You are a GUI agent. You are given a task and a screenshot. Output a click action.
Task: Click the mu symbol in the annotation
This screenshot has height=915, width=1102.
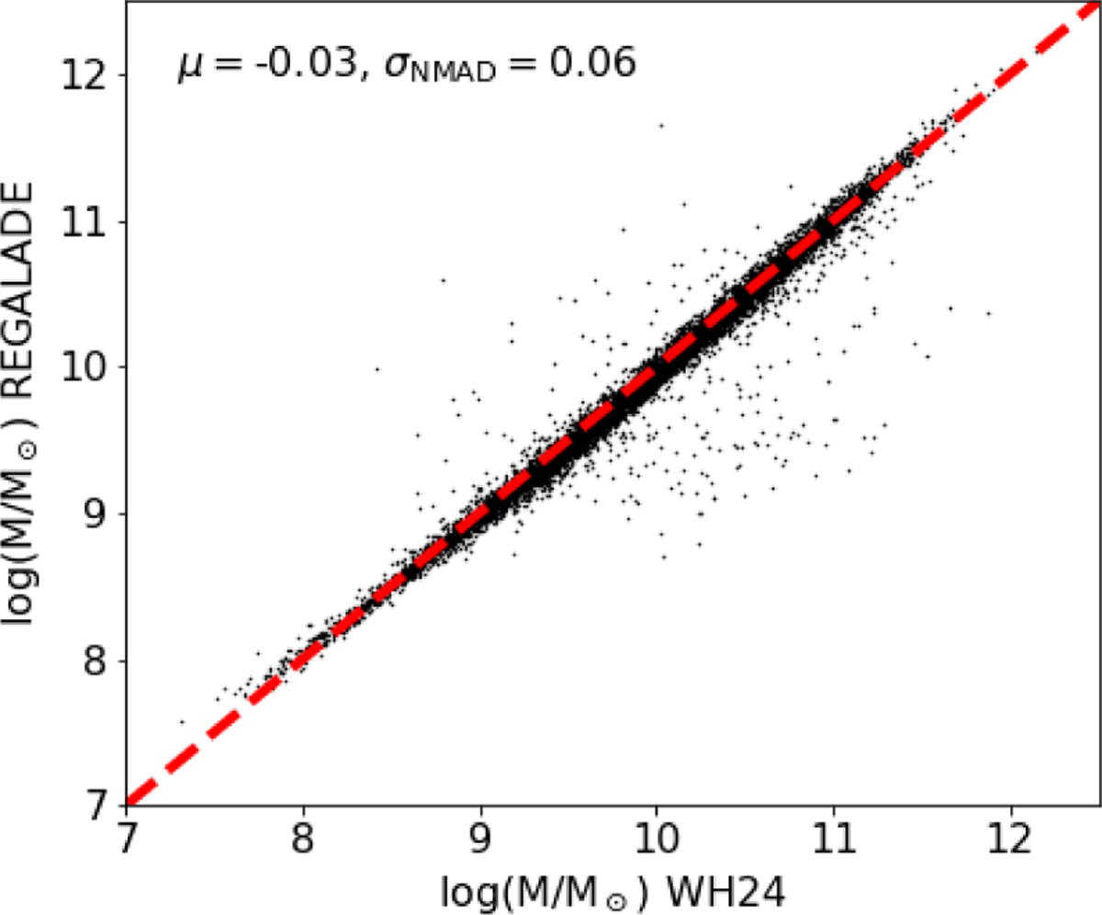187,67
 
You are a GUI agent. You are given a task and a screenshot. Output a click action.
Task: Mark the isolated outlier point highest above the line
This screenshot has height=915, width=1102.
660,125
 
